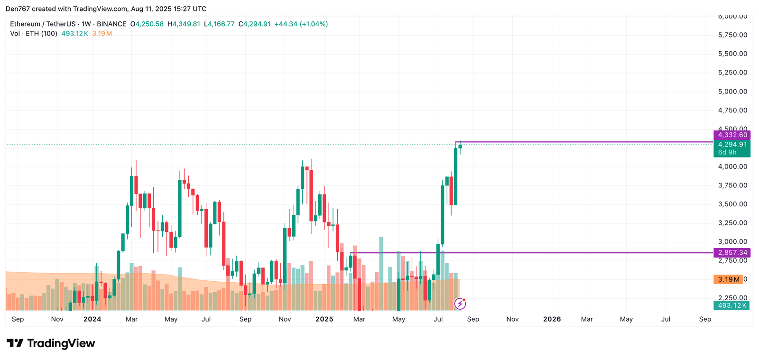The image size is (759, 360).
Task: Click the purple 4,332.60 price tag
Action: [732, 135]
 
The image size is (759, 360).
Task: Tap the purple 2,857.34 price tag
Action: [732, 253]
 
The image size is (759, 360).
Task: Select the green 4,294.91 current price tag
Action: [732, 145]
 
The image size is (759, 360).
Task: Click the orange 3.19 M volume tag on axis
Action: [728, 279]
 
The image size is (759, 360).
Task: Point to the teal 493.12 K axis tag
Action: [732, 305]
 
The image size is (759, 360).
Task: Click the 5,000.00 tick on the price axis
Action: [732, 92]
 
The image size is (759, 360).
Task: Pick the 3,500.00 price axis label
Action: [732, 204]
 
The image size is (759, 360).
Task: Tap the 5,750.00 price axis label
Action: [732, 35]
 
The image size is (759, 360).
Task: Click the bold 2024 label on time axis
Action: [92, 319]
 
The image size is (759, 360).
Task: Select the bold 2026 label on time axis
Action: [552, 319]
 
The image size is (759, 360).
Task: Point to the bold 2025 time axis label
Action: [324, 319]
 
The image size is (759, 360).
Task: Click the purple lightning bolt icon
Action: [460, 303]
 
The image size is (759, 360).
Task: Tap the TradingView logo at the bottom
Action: [51, 343]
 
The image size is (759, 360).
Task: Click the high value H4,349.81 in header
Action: [184, 24]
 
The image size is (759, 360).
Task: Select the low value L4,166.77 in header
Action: [219, 24]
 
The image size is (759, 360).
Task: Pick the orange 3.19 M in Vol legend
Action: [102, 34]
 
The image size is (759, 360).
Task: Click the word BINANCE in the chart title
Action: [111, 24]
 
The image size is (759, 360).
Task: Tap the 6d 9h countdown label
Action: [727, 152]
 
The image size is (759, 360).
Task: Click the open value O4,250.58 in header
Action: [147, 24]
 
